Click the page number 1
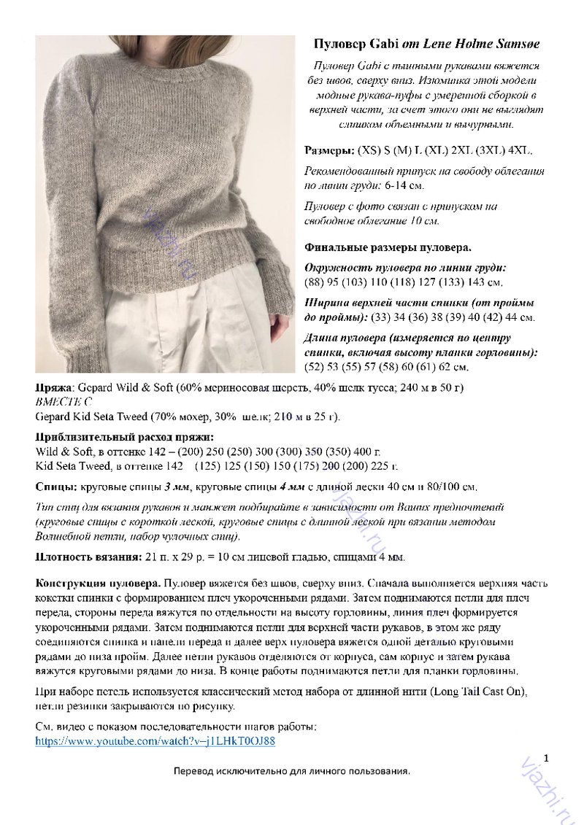545,758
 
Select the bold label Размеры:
328,151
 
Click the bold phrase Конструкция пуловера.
98,584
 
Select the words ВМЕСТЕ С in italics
64,401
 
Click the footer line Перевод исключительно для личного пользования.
292,771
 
